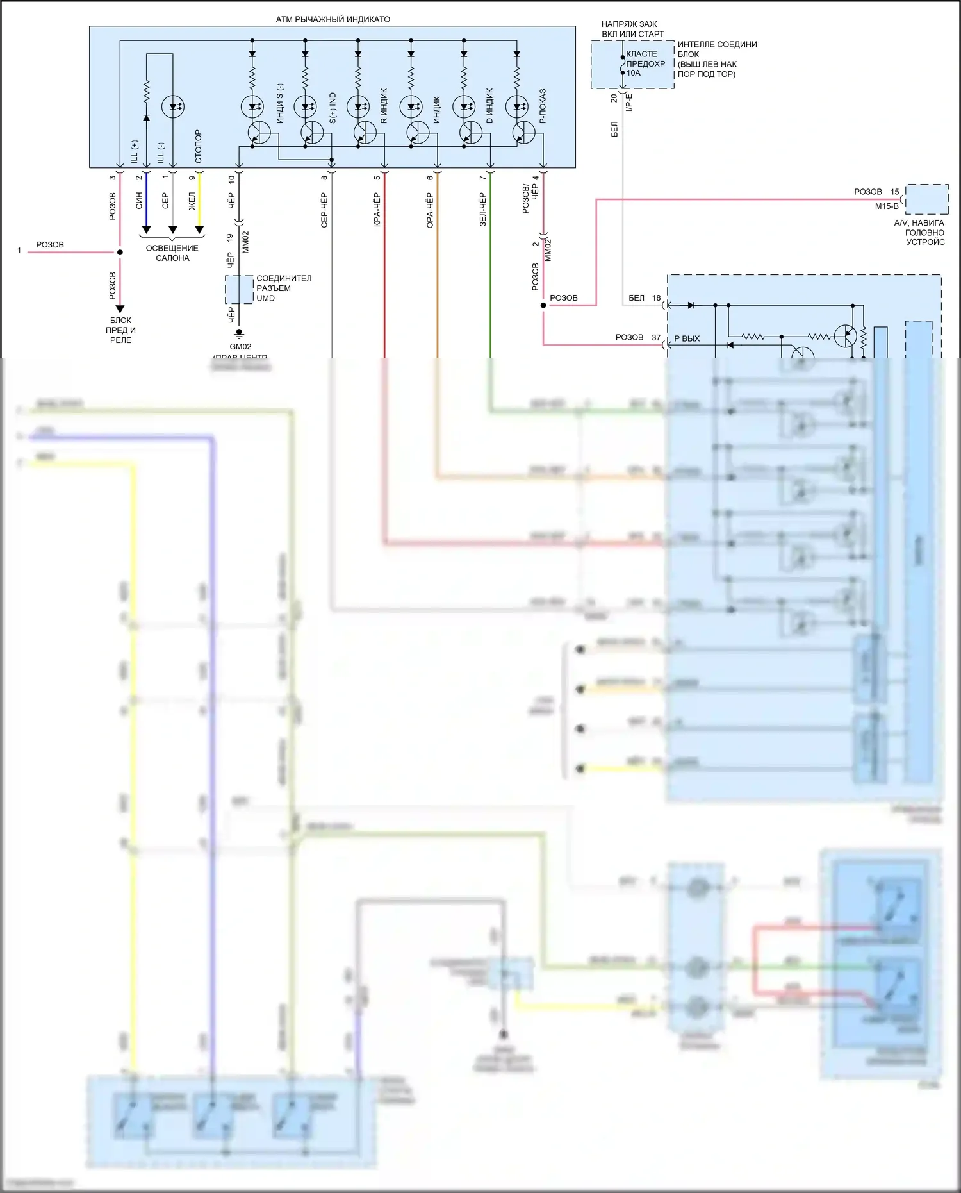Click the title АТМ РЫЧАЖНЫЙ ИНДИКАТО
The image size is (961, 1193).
pos(333,19)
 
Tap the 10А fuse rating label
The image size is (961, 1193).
pos(634,73)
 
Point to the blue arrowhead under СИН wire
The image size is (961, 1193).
pos(146,229)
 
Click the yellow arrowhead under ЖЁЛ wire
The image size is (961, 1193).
pos(199,229)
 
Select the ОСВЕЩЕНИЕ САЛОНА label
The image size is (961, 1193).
pos(172,253)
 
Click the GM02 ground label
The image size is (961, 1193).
pos(240,347)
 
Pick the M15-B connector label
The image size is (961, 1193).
pos(887,206)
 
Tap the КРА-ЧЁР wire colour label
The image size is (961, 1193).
pos(377,210)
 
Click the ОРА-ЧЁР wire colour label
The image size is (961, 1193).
pos(431,210)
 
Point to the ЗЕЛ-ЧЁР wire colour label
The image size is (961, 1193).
pos(483,210)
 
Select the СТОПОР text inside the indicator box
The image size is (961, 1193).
pos(198,146)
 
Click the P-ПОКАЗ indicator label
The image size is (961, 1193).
pos(543,106)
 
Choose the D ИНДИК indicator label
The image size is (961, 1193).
pos(490,106)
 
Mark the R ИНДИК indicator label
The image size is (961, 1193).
pos(384,106)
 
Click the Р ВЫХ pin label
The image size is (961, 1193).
pos(687,338)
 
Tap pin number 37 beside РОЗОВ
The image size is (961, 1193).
pos(656,337)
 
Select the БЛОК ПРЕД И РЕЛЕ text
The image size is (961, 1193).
pos(120,330)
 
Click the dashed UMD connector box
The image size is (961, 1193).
pos(239,290)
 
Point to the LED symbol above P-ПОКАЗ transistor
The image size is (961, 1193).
pos(516,106)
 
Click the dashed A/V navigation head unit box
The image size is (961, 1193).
pos(926,199)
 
